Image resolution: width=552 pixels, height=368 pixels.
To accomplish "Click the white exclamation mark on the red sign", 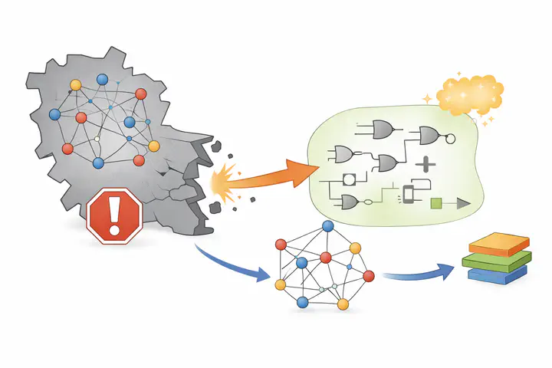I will tap(115, 217).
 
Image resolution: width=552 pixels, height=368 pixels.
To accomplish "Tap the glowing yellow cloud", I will tap(469, 96).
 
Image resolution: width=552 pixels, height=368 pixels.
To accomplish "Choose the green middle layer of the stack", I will tap(497, 261).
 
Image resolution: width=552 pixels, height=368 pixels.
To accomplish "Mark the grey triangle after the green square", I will tap(462, 203).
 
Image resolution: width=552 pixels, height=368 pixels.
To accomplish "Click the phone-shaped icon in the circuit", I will tap(408, 195).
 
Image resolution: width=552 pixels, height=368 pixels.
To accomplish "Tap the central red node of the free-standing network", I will tap(326, 257).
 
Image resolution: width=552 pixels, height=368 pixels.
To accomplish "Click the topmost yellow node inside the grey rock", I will tap(75, 84).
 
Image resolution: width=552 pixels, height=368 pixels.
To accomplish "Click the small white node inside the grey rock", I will tap(97, 137).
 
